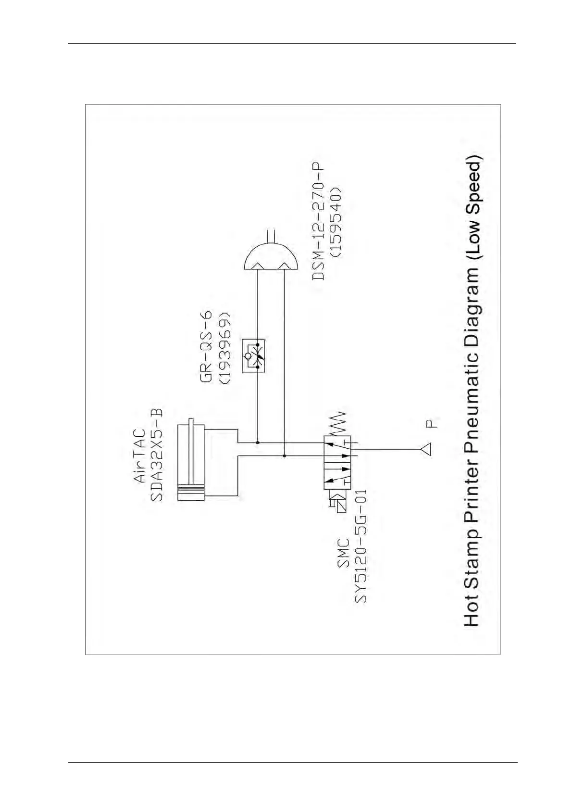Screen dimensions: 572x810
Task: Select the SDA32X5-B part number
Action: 157,455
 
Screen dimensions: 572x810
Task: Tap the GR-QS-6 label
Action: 206,347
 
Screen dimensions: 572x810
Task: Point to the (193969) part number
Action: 224,348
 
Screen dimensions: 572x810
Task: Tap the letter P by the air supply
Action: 432,424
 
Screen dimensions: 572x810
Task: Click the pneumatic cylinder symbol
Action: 192,462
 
